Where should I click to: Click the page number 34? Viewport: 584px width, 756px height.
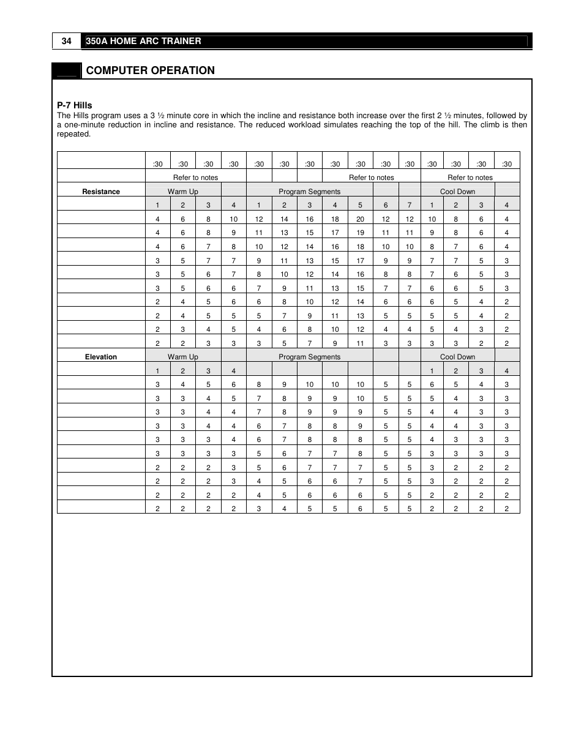tap(67, 41)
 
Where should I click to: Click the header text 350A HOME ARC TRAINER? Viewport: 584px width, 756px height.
tap(143, 41)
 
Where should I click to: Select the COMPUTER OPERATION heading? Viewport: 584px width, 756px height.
tap(150, 70)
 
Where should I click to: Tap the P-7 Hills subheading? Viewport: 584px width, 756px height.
tap(75, 105)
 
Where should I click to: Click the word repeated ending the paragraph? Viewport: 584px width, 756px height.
tap(73, 134)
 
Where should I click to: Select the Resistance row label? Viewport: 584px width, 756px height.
tap(101, 192)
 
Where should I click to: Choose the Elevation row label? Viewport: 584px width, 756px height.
tap(101, 357)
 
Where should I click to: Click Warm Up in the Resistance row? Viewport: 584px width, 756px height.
tap(182, 192)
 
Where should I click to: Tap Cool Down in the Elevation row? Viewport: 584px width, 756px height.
tap(457, 357)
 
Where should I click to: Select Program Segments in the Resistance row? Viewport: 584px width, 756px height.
tap(309, 192)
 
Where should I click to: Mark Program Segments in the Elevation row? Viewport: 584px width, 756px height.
tap(309, 357)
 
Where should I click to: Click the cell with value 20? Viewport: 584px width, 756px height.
tap(360, 219)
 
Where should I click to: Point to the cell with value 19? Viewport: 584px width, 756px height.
tap(360, 233)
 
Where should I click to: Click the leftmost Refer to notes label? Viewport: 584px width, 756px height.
tap(195, 178)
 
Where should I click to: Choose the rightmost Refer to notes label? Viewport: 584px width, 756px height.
tap(470, 178)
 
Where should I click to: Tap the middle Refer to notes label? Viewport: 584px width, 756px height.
tap(371, 178)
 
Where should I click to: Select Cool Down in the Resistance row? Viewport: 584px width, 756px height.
tap(457, 192)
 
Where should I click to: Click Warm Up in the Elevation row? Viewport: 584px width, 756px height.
tap(182, 357)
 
